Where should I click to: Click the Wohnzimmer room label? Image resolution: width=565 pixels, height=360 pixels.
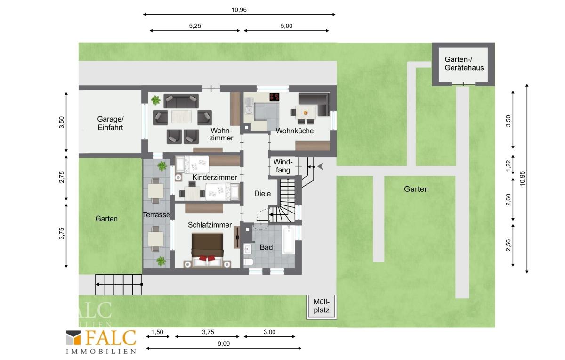221,134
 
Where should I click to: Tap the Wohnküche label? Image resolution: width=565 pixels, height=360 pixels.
295,131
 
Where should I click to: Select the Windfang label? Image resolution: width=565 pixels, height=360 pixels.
283,166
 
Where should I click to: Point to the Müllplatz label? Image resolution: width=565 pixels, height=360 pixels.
322,306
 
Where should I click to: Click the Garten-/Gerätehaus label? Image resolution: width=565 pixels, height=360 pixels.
464,64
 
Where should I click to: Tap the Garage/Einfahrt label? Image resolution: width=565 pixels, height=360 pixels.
111,123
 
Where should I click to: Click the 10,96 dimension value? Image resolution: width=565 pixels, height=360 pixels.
239,10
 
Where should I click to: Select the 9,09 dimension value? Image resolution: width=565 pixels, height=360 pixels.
224,344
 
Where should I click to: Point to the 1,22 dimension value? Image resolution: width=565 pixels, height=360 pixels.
508,165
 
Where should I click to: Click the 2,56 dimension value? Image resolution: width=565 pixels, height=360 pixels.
508,245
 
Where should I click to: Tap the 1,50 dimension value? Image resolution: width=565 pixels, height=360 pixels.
157,332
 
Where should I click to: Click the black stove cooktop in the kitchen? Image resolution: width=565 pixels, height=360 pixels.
274,97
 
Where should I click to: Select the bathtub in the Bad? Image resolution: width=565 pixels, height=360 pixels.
289,239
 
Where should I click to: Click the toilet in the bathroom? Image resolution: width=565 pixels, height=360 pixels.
248,262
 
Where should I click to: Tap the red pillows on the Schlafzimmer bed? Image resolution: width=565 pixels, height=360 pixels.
207,258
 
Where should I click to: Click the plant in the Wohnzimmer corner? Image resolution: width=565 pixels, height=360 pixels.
156,100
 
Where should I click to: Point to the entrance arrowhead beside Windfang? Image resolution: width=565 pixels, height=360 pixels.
320,167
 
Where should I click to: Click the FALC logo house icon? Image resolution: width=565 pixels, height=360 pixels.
73,338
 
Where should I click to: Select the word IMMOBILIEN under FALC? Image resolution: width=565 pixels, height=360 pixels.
101,352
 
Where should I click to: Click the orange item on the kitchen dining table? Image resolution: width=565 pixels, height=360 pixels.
306,113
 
